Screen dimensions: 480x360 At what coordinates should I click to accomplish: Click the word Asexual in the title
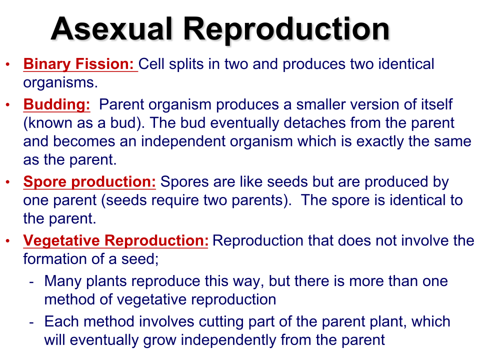(111, 29)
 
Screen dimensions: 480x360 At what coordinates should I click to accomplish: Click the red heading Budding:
(56, 104)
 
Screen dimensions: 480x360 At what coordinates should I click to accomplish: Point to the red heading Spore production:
(89, 182)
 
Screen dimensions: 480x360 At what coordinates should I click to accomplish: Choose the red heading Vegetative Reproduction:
(115, 240)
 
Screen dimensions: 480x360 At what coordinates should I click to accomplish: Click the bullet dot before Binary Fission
(7, 64)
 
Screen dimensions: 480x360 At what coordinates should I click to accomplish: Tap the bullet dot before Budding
(7, 104)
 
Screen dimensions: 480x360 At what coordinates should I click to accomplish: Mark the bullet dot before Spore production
(7, 182)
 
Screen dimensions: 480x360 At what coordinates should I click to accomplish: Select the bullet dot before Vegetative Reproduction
(7, 240)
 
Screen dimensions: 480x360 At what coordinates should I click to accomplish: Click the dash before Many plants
(31, 282)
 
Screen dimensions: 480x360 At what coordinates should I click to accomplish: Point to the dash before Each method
(31, 322)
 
